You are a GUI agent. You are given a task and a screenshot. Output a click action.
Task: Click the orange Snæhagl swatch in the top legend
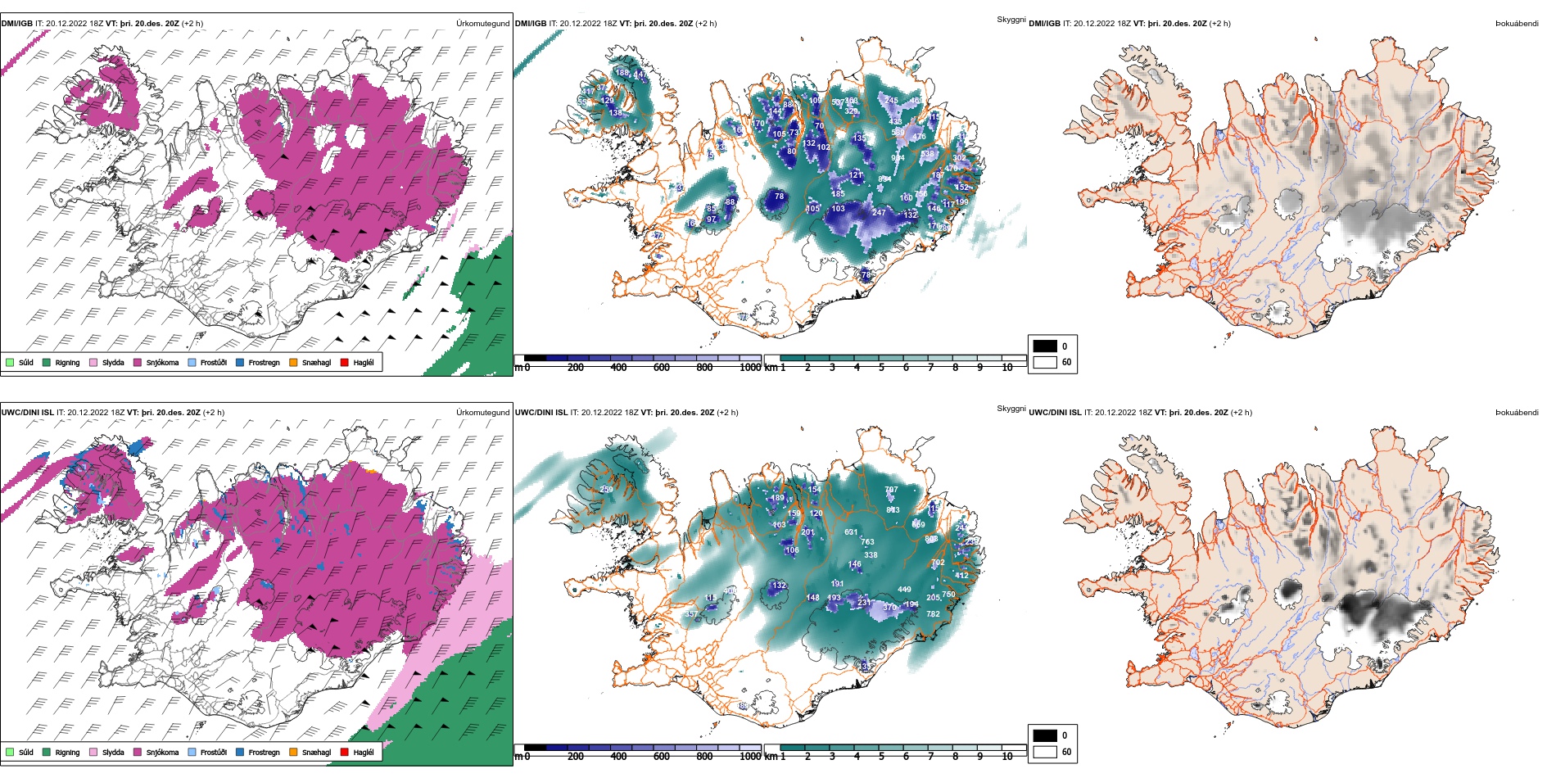pyautogui.click(x=293, y=363)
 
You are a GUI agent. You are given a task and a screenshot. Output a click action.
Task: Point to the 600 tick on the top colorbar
pyautogui.click(x=662, y=368)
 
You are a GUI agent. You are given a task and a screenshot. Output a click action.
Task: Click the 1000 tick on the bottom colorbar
pyautogui.click(x=750, y=757)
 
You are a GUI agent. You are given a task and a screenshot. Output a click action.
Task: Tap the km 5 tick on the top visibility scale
pyautogui.click(x=881, y=368)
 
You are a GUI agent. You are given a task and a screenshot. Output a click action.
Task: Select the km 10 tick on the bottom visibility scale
pyautogui.click(x=1007, y=757)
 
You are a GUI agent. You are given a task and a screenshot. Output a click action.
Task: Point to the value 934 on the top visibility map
pyautogui.click(x=898, y=159)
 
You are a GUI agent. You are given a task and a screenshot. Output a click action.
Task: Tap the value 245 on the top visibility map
pyautogui.click(x=892, y=101)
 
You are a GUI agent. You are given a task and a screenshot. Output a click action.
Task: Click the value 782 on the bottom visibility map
pyautogui.click(x=933, y=614)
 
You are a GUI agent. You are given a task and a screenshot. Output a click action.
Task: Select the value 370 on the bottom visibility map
pyautogui.click(x=889, y=608)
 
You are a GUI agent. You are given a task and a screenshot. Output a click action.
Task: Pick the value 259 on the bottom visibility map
pyautogui.click(x=606, y=490)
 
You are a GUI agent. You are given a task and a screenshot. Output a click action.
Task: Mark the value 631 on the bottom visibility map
pyautogui.click(x=851, y=532)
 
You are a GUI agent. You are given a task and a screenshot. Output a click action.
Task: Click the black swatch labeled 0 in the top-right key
pyautogui.click(x=1045, y=346)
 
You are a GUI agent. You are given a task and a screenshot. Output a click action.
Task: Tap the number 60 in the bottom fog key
pyautogui.click(x=1066, y=752)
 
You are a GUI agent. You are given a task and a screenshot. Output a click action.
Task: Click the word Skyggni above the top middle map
pyautogui.click(x=1011, y=20)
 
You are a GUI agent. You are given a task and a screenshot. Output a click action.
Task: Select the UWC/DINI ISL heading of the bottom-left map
pyautogui.click(x=27, y=413)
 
